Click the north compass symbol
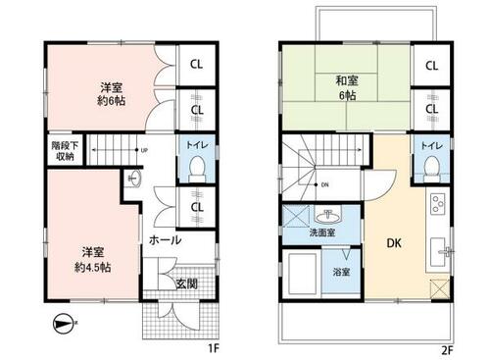point(63,324)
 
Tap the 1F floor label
point(214,349)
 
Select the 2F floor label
point(448,350)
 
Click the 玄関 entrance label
point(187,283)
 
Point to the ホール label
point(166,240)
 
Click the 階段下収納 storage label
point(65,151)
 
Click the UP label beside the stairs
point(144,150)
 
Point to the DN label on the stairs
point(324,185)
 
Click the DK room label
point(394,243)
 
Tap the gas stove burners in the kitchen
point(438,203)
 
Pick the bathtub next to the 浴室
point(302,274)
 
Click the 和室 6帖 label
point(347,87)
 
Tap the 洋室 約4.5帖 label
point(93,260)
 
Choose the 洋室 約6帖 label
point(112,94)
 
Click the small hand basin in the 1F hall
point(135,179)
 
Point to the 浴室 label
point(341,272)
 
